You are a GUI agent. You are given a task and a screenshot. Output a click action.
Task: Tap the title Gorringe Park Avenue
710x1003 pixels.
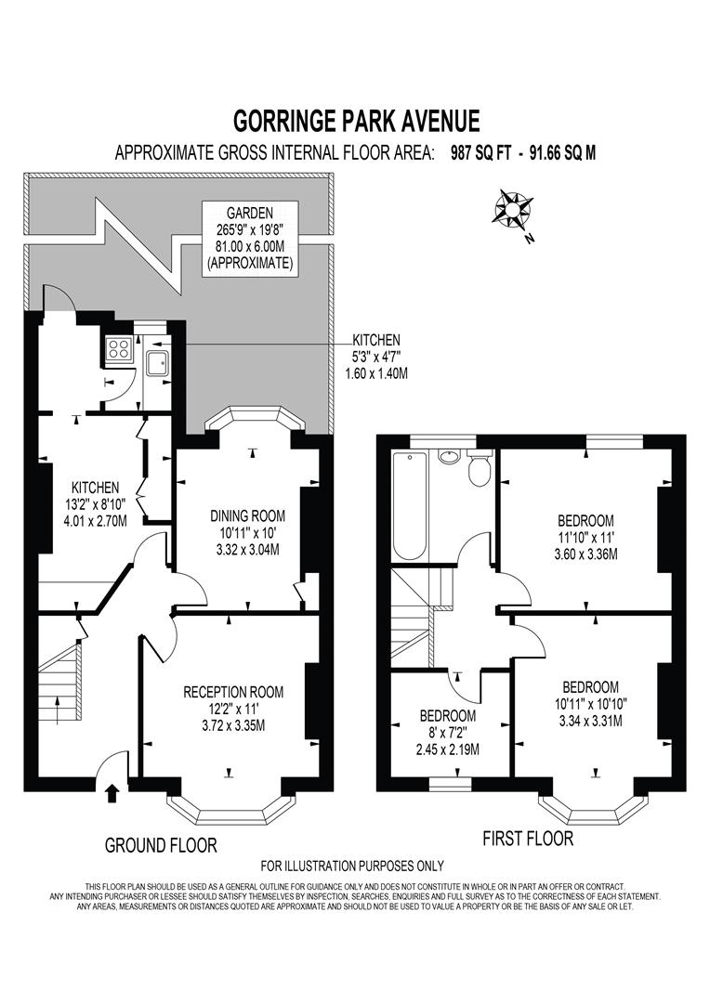click(x=355, y=122)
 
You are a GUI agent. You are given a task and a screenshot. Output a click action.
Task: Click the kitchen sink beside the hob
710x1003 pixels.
click(x=156, y=361)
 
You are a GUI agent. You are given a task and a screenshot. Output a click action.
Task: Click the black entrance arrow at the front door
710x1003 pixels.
click(x=113, y=792)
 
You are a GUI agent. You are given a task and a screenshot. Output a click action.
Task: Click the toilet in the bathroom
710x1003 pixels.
click(x=479, y=470)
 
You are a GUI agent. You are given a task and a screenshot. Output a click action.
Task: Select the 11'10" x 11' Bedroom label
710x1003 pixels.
click(x=586, y=537)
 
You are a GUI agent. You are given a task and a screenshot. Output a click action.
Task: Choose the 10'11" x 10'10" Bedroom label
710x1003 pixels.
click(x=587, y=703)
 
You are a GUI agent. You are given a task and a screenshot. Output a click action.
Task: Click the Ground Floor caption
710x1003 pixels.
click(x=161, y=845)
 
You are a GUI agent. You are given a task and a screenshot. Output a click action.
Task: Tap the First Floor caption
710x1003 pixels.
click(x=528, y=839)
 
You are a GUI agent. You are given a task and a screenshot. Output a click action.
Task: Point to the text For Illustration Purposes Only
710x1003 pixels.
click(x=352, y=866)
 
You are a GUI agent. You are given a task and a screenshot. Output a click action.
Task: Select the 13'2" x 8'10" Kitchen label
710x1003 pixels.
click(x=96, y=503)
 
